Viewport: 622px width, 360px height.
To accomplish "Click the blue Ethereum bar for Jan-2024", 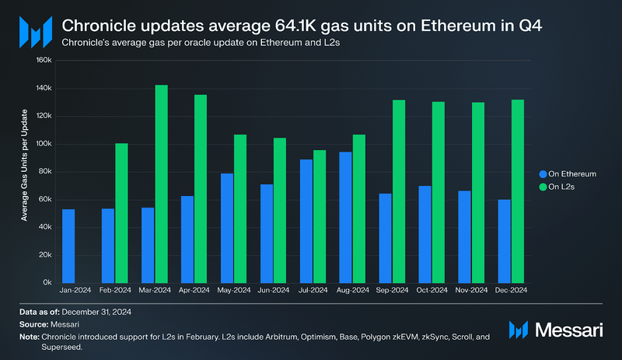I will pos(68,245).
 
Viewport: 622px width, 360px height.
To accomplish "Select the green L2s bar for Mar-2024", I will pos(162,183).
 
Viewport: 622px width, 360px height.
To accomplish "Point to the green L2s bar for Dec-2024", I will pos(517,190).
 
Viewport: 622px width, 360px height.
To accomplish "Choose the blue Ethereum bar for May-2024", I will pos(227,227).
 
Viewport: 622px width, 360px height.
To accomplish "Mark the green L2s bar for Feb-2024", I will pos(121,212).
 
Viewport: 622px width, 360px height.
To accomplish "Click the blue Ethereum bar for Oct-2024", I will pos(424,233).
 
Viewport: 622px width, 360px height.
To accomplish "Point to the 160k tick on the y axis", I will pos(44,60).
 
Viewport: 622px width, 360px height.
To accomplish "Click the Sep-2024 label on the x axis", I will pos(392,290).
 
